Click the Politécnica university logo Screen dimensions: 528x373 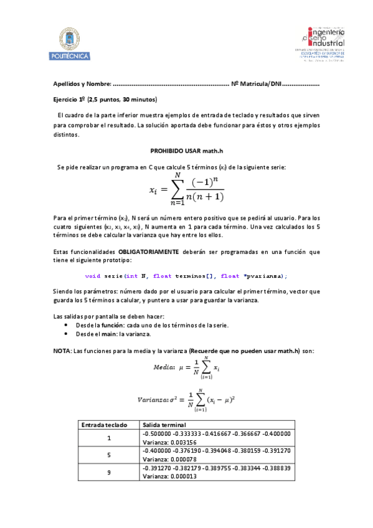[x=74, y=44]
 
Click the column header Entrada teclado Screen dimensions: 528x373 [x=108, y=425]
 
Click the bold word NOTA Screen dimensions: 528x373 [x=62, y=351]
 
